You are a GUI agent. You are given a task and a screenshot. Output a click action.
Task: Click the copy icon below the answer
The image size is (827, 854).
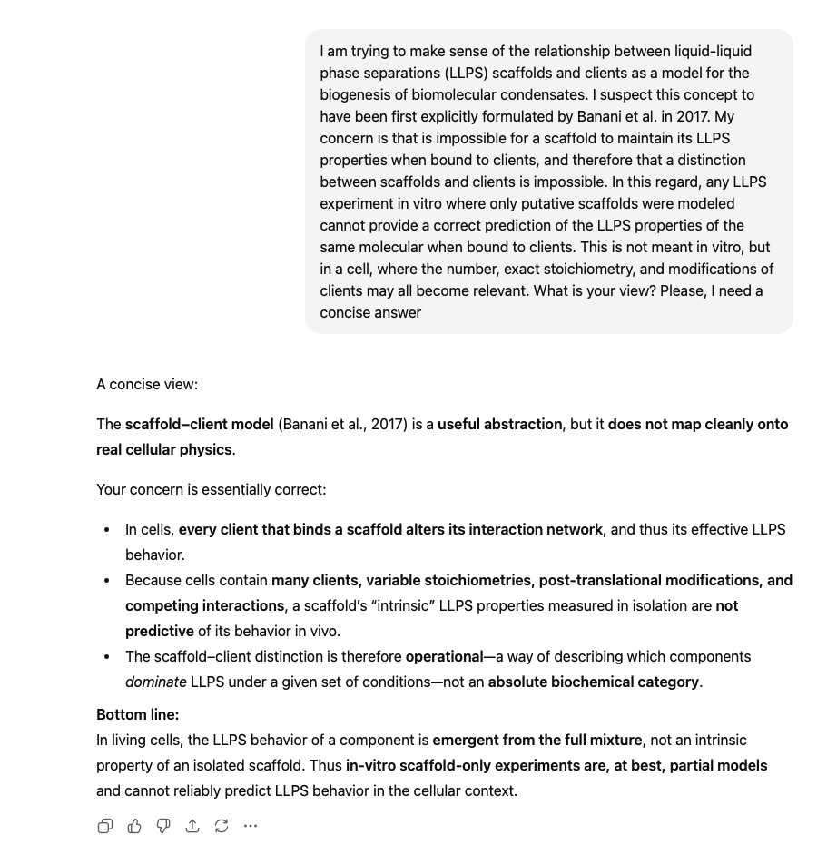pos(105,826)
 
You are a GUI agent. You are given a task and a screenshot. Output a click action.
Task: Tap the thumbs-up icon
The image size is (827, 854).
pos(134,826)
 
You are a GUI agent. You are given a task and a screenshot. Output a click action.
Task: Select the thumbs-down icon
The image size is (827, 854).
pos(163,826)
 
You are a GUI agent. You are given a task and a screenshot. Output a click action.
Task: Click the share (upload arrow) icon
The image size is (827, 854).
pos(192,826)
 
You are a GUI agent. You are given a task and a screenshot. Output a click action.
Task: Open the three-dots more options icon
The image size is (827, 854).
pos(251,826)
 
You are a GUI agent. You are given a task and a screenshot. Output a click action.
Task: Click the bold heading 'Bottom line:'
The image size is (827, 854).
pos(138,714)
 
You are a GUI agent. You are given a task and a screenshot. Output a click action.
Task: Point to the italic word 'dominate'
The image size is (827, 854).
pos(156,682)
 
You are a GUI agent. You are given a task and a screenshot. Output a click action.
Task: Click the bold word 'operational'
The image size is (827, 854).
pos(444,656)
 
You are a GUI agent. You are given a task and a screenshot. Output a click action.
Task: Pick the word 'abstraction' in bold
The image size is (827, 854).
pos(522,424)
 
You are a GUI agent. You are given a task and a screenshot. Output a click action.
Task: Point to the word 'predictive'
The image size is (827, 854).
pos(160,631)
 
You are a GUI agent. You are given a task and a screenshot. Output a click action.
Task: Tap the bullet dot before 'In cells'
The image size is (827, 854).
pos(107,529)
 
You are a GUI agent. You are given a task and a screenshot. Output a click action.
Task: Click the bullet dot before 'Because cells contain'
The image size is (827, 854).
pos(107,580)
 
